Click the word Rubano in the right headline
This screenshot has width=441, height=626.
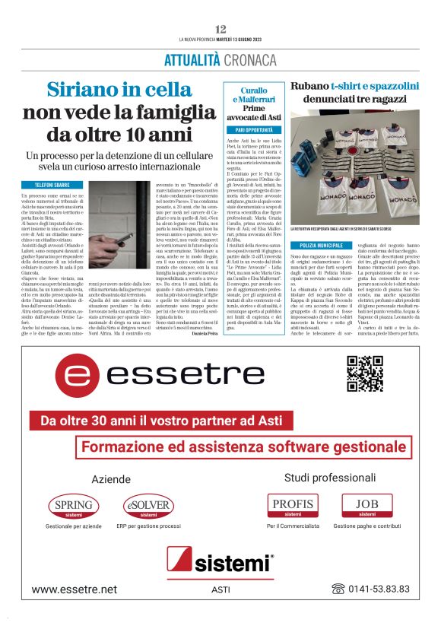click(309, 86)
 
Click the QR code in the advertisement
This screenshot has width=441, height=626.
click(365, 373)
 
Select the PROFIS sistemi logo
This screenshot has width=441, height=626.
click(292, 506)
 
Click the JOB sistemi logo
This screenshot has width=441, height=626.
click(366, 506)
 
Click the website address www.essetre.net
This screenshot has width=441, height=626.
click(75, 589)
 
